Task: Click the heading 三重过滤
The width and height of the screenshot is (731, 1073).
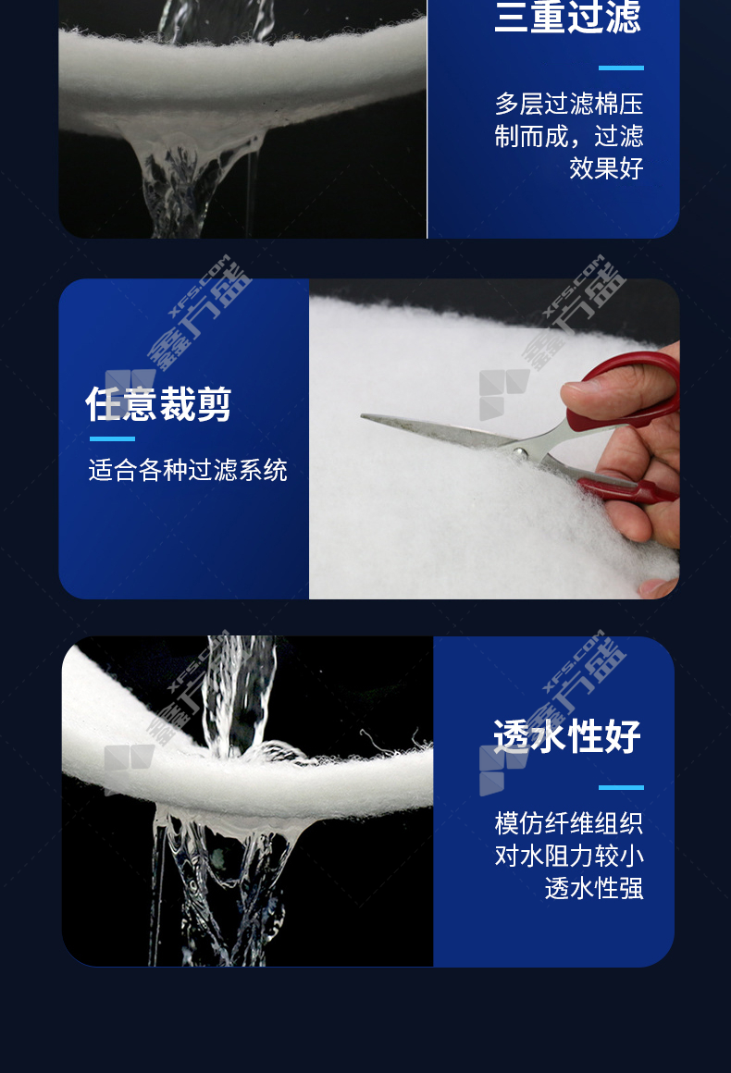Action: coord(567,17)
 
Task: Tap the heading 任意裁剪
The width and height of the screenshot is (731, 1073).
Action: coord(158,403)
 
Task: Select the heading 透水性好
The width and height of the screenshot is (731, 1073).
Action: coord(567,736)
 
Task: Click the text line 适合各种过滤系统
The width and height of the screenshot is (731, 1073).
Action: coord(188,470)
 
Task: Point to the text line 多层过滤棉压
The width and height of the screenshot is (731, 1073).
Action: coord(569,104)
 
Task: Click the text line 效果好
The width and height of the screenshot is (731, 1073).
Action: coord(606,168)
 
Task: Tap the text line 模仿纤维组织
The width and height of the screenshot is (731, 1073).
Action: coord(569,823)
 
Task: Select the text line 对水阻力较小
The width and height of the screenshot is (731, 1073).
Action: coord(569,856)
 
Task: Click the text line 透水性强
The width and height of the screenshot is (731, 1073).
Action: coord(594,888)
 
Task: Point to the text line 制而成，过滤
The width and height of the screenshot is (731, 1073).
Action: coord(569,136)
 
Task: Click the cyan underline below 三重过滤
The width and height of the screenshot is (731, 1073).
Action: coord(621,68)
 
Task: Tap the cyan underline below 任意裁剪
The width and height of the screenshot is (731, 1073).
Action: coord(112,438)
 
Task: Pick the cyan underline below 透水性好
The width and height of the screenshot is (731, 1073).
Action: coord(621,788)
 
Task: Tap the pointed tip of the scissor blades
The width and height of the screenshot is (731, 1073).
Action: coord(363,415)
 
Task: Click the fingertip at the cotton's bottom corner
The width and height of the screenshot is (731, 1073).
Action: coord(656,587)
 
